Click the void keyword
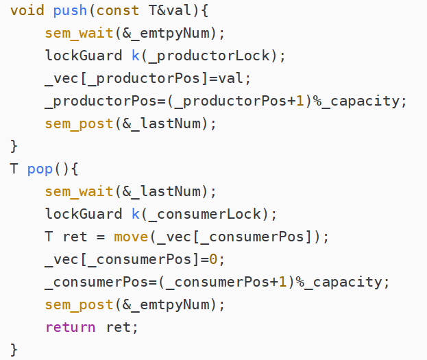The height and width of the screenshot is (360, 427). click(x=27, y=11)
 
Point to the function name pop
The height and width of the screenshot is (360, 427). click(x=40, y=169)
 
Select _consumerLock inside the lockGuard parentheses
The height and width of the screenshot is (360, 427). click(x=206, y=214)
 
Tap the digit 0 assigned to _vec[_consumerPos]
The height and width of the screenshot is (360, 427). click(x=221, y=259)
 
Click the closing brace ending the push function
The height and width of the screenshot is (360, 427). click(x=14, y=146)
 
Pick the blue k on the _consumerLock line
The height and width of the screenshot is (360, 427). click(x=136, y=214)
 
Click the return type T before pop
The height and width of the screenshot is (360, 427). click(x=14, y=169)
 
